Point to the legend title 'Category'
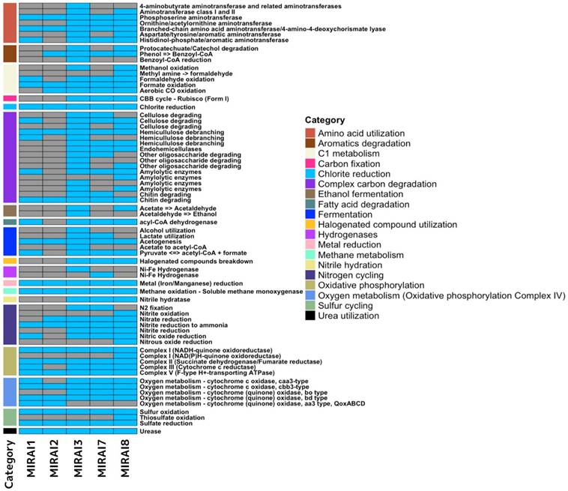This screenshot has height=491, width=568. [324, 120]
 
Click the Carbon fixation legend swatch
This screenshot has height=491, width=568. [312, 163]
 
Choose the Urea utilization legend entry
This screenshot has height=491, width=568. [312, 316]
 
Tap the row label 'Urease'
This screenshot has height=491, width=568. [151, 431]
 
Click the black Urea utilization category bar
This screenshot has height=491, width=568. [10, 431]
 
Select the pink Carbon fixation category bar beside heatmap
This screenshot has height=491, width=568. [10, 97]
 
